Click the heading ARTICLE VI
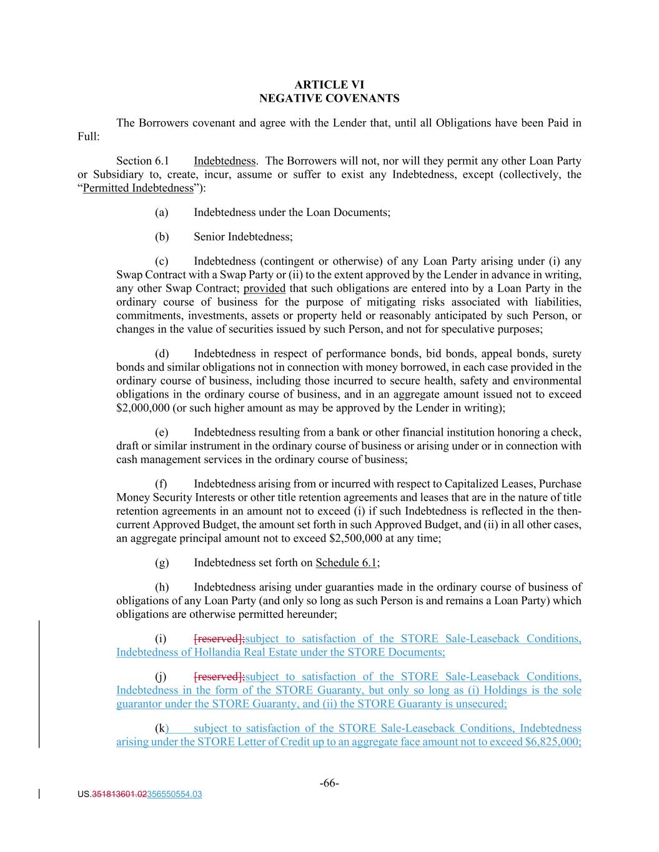(x=329, y=84)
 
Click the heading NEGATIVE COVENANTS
(x=329, y=98)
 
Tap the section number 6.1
(x=162, y=161)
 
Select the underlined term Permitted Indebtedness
(x=138, y=188)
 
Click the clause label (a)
(x=161, y=212)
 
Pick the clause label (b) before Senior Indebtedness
(x=161, y=237)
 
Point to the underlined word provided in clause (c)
(x=264, y=288)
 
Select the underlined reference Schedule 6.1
(x=346, y=562)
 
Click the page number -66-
(x=329, y=783)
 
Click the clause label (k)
(x=161, y=728)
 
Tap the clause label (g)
(x=161, y=562)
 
